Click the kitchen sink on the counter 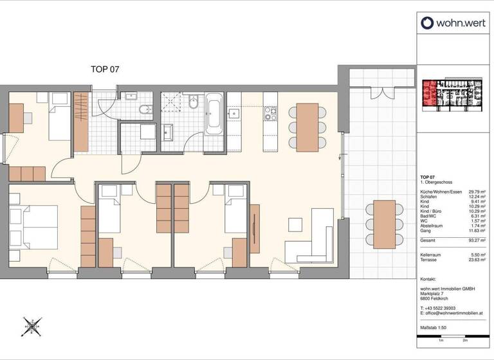[x=234, y=114]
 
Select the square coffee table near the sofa [x=295, y=225]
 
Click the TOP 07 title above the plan [x=105, y=69]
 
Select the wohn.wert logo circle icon [x=428, y=24]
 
